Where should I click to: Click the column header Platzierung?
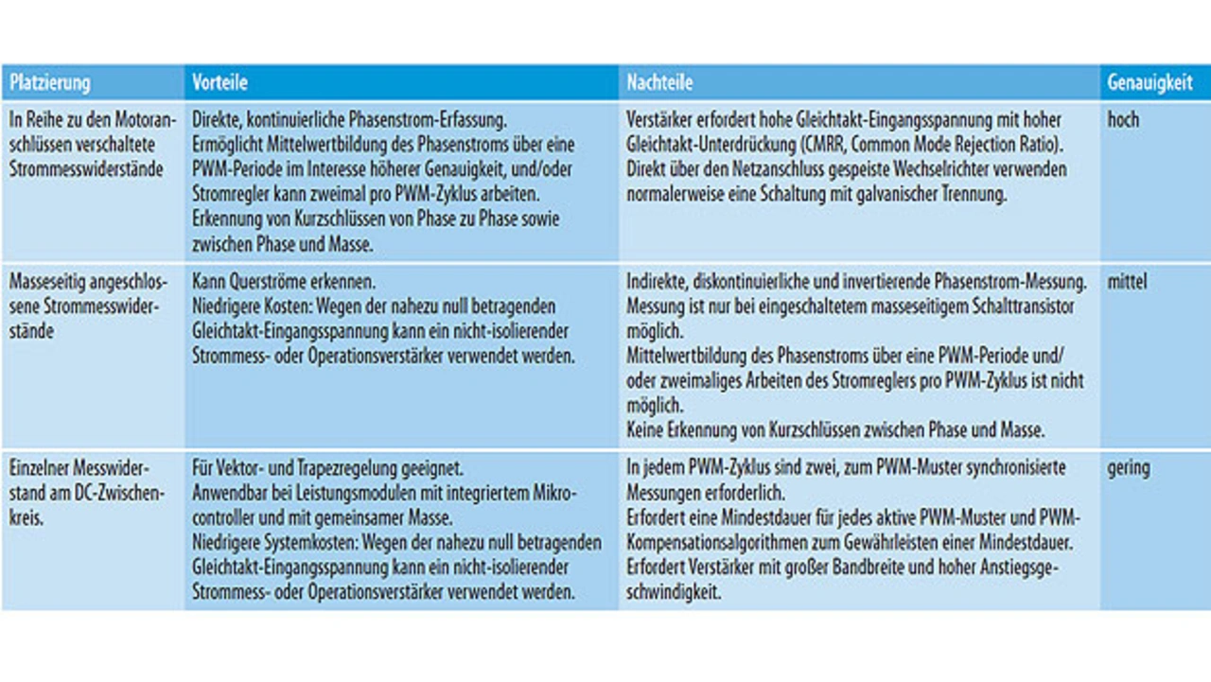pyautogui.click(x=50, y=83)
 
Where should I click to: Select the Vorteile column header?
pyautogui.click(x=219, y=83)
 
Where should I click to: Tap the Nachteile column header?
pyautogui.click(x=659, y=83)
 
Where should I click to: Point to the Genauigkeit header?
pyautogui.click(x=1150, y=83)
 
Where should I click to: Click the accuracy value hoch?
pyautogui.click(x=1123, y=120)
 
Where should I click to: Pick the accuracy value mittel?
pyautogui.click(x=1127, y=282)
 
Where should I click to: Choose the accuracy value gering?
pyautogui.click(x=1129, y=468)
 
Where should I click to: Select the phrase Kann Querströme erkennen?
pyautogui.click(x=284, y=282)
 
